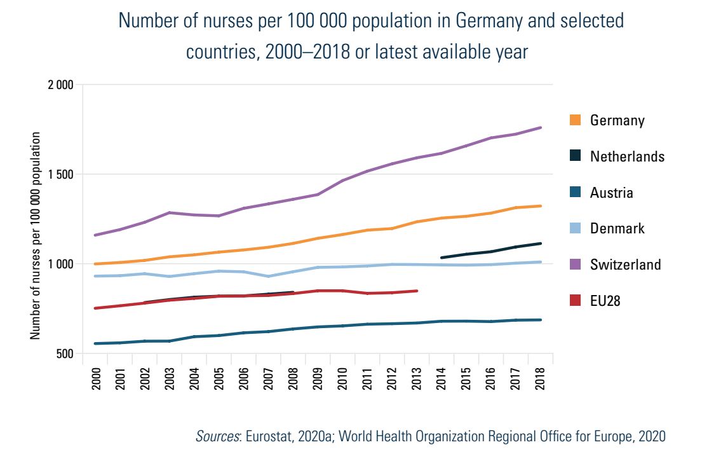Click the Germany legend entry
click(x=617, y=120)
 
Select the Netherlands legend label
click(x=626, y=156)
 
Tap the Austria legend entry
click(x=611, y=193)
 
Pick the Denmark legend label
click(x=617, y=228)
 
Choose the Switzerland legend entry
click(x=625, y=265)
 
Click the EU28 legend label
click(x=605, y=301)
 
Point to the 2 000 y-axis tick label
click(x=62, y=85)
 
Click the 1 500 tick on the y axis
click(x=62, y=174)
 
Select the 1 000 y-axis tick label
click(x=62, y=264)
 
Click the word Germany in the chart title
click(x=490, y=21)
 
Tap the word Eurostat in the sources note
click(x=269, y=436)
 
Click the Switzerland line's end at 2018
click(x=541, y=128)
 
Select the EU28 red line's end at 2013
click(x=417, y=291)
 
